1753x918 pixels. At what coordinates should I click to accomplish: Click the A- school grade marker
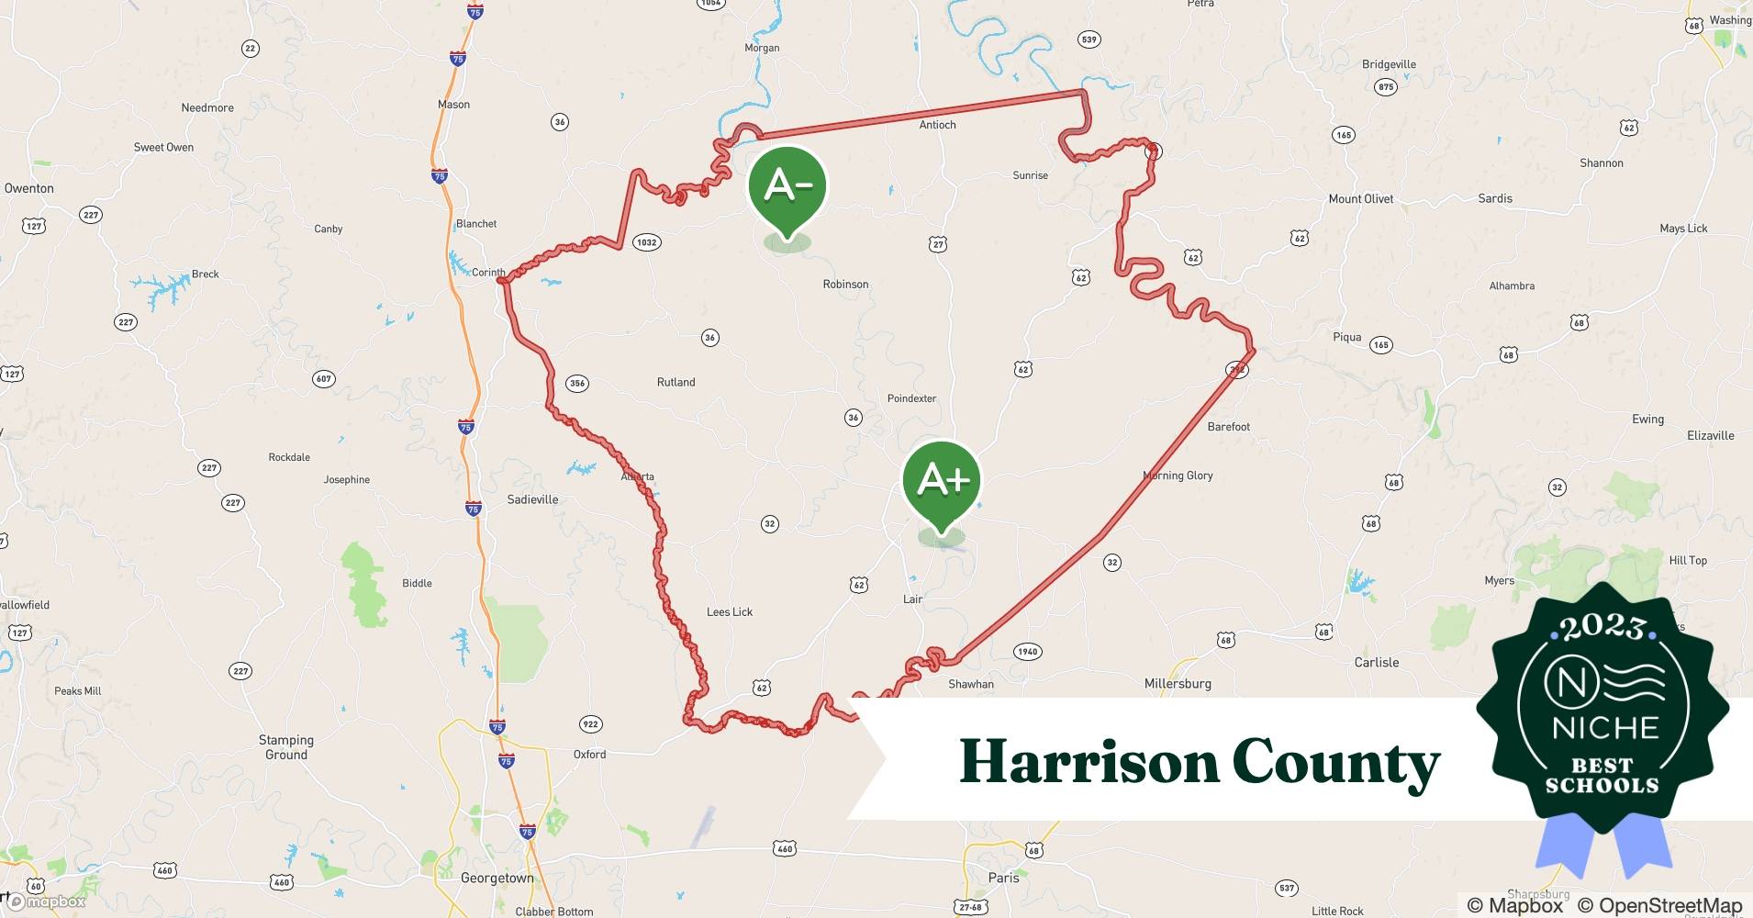(787, 186)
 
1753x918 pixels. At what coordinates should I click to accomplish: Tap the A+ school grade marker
(942, 480)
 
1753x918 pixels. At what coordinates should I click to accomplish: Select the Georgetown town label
(497, 878)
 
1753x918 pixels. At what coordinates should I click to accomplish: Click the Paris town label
(1003, 877)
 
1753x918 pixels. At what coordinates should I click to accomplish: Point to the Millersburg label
(1178, 683)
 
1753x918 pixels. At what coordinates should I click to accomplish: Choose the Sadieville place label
(532, 499)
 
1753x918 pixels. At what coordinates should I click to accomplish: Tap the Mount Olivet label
(1360, 198)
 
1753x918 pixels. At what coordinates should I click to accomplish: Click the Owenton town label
(29, 188)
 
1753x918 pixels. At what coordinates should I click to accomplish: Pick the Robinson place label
(845, 284)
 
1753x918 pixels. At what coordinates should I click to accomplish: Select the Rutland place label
(676, 382)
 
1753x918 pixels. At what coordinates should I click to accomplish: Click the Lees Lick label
(730, 611)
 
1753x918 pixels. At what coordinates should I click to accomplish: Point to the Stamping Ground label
(286, 747)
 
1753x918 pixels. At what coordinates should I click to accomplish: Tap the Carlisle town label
(1377, 662)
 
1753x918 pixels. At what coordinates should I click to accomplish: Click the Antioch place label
(937, 125)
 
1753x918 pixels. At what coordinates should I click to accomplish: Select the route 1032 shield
(647, 242)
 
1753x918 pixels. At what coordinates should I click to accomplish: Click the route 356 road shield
(576, 384)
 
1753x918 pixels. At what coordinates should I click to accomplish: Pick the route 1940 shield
(1027, 652)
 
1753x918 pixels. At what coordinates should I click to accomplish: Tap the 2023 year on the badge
(1602, 627)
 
